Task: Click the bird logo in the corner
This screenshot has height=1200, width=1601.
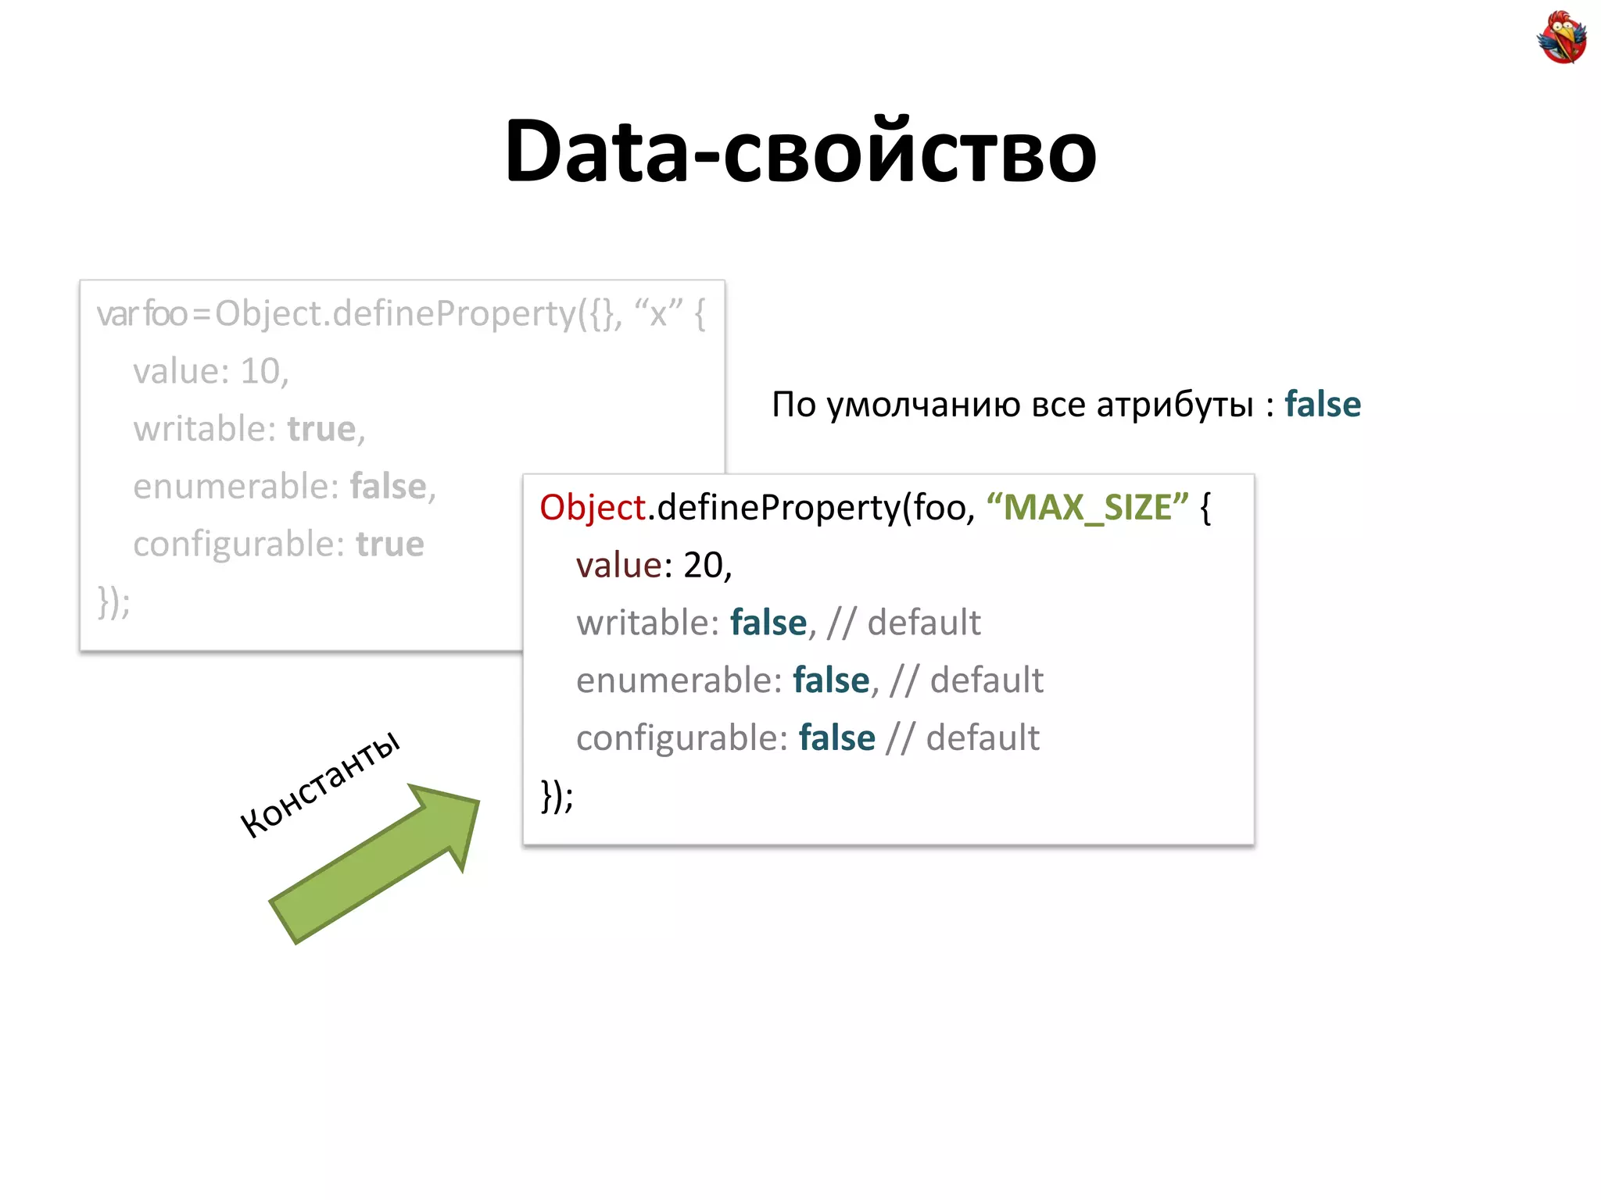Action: click(1561, 37)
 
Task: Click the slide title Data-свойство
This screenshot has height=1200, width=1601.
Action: click(800, 150)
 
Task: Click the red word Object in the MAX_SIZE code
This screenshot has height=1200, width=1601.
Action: click(593, 508)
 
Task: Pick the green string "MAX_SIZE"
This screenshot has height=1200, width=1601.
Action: click(1087, 508)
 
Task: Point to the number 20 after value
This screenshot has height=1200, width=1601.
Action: click(703, 565)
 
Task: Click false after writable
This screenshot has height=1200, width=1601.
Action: click(768, 623)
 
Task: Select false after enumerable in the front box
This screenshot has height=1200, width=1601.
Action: click(830, 680)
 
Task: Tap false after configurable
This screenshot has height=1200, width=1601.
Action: click(836, 738)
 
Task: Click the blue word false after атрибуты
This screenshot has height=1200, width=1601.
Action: click(1323, 405)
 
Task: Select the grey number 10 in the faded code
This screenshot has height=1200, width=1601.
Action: click(260, 371)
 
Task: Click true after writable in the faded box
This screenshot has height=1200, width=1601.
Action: click(321, 429)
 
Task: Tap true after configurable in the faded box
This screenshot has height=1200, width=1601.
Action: click(389, 544)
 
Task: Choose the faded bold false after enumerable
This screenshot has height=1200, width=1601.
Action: click(388, 487)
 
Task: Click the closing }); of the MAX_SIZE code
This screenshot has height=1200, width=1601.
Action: click(557, 795)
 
